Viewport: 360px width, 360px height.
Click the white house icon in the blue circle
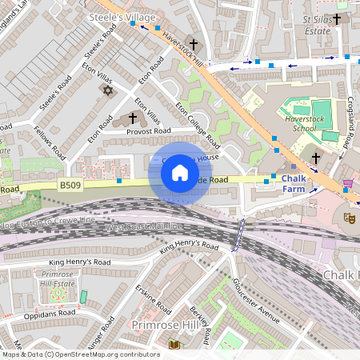click(180, 172)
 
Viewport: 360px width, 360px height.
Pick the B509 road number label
click(70, 185)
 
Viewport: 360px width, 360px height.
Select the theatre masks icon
click(349, 217)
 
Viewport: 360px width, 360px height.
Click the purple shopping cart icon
click(347, 184)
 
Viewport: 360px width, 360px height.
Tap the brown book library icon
click(174, 345)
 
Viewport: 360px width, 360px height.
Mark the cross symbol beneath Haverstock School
click(315, 158)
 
